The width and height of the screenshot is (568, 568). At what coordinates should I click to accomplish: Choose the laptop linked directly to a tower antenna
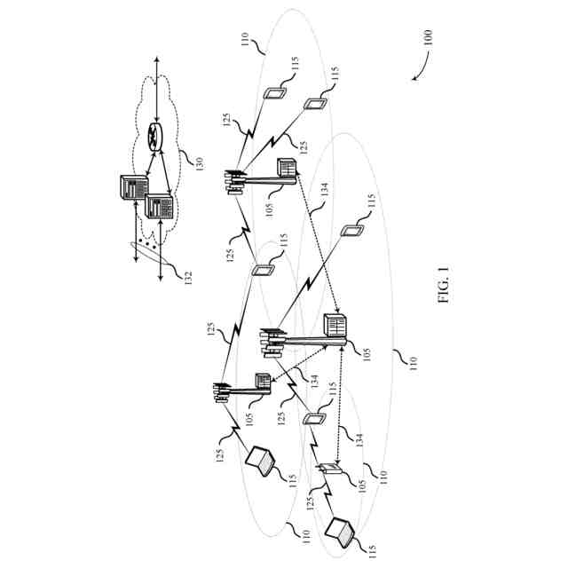click(x=261, y=461)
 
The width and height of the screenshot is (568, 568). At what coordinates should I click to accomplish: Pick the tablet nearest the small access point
click(x=314, y=420)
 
